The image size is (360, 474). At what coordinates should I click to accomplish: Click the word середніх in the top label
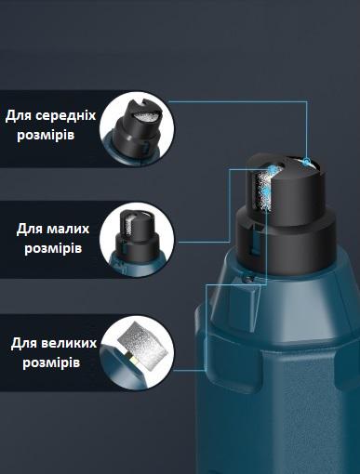coord(63,115)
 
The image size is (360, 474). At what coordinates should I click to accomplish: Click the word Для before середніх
coord(20,115)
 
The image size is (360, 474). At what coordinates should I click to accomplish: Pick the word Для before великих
coord(25,342)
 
